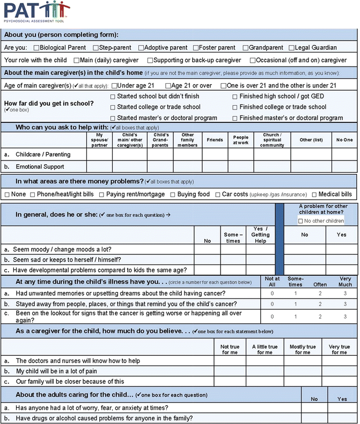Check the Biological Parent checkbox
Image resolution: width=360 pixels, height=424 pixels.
click(37, 48)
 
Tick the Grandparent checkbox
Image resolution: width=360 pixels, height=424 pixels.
click(245, 48)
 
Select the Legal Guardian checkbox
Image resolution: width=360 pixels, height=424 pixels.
click(291, 48)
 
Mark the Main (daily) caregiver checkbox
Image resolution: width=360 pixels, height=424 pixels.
click(77, 60)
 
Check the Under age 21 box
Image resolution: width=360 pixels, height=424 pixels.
click(113, 85)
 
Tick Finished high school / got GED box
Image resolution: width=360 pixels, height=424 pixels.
click(236, 97)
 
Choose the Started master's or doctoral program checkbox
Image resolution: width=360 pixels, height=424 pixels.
click(113, 118)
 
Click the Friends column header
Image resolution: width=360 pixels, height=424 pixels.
click(215, 140)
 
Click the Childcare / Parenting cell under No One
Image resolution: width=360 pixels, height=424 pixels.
click(344, 154)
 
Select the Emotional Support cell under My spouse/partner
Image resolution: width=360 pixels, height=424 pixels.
click(99, 167)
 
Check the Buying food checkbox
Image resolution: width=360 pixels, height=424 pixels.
click(173, 194)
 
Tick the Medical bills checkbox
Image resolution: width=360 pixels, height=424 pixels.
click(314, 194)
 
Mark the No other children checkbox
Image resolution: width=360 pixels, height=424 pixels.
click(300, 221)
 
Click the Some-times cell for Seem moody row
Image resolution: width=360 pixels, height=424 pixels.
click(233, 250)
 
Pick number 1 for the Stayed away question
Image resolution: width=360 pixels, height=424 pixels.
click(295, 304)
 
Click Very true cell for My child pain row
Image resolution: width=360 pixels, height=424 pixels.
click(339, 371)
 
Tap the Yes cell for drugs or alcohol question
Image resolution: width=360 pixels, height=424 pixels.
click(342, 418)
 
